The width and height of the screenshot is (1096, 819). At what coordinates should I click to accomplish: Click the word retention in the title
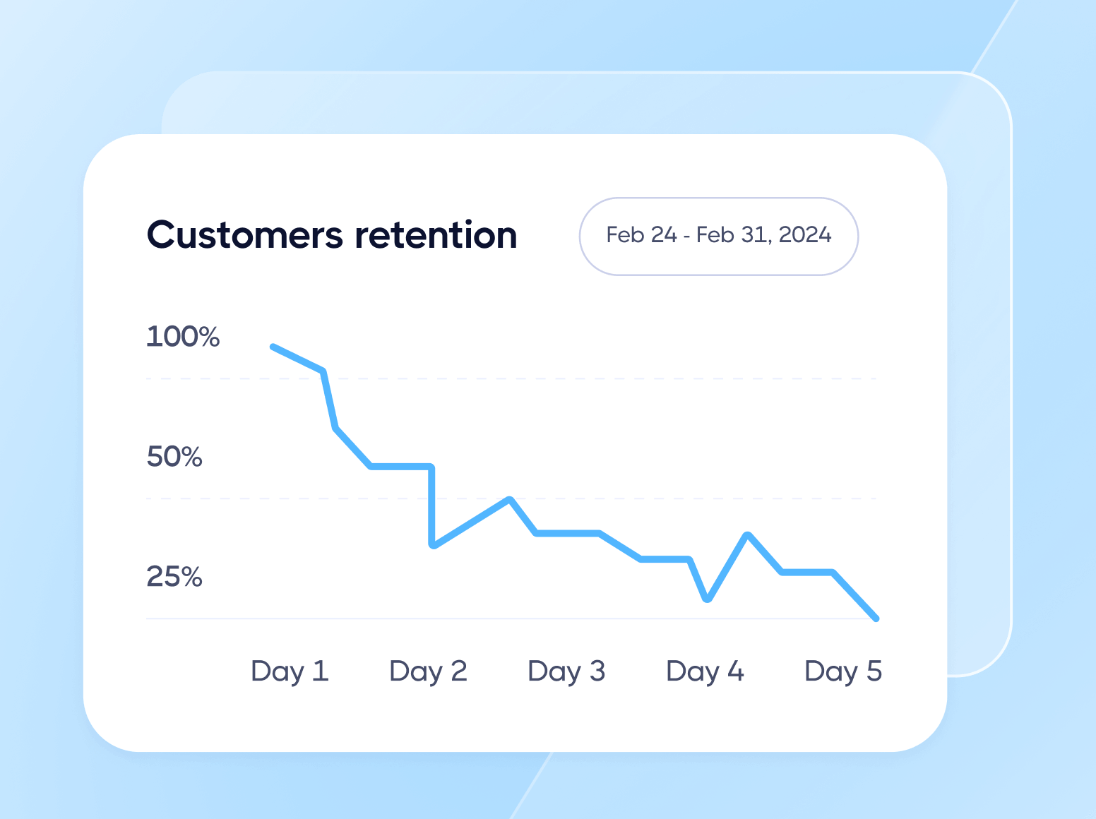click(436, 235)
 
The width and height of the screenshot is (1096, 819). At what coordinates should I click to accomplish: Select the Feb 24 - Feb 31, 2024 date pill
click(718, 236)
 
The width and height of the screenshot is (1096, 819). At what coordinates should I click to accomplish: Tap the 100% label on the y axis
click(183, 337)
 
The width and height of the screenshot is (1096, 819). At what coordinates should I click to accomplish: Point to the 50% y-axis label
click(174, 457)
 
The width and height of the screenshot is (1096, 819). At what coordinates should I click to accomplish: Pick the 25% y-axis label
click(174, 577)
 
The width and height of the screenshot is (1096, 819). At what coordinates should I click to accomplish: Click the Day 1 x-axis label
click(290, 671)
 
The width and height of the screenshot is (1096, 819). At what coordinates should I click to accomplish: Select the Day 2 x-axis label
click(428, 671)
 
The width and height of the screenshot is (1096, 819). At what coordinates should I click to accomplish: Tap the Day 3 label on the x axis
click(566, 671)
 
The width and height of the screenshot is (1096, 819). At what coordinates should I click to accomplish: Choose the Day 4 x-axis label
click(705, 671)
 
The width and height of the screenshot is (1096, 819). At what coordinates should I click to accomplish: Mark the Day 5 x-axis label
click(843, 671)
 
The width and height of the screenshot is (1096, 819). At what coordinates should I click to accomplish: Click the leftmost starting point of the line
click(273, 347)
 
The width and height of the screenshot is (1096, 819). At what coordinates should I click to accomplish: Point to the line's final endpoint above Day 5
click(876, 618)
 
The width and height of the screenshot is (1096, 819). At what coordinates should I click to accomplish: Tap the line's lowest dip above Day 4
click(708, 599)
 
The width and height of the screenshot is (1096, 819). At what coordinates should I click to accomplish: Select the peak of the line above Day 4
click(748, 534)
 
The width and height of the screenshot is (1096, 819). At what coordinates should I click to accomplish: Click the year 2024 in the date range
click(805, 235)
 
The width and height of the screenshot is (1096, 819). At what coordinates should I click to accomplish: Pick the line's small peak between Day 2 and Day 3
click(510, 499)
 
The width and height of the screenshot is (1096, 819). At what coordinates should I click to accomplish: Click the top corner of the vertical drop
click(431, 467)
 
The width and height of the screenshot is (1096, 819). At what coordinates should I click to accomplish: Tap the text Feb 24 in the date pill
click(641, 235)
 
